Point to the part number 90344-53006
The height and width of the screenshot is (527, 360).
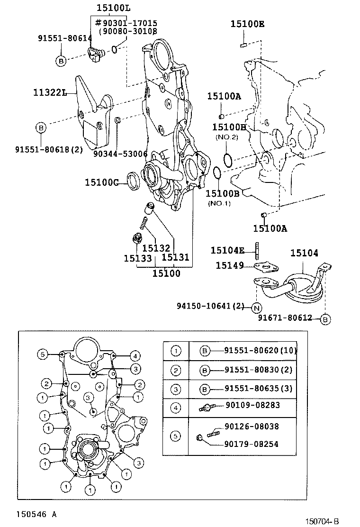tap(120, 154)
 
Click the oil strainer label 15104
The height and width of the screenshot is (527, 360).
tap(304, 254)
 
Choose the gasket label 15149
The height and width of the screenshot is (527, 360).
tap(230, 265)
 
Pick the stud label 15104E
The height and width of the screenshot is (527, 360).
tap(227, 250)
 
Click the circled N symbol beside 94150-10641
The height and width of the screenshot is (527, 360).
tap(256, 308)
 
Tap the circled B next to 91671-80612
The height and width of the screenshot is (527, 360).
tap(325, 319)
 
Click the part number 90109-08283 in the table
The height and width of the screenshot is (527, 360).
tap(252, 405)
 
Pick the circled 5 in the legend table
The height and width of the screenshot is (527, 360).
tap(175, 436)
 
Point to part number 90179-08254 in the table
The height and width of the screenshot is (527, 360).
tap(251, 444)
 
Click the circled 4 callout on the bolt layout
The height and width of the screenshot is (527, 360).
tap(135, 355)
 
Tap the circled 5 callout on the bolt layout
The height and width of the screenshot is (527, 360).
tap(43, 354)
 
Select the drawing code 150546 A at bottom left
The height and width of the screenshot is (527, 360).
tap(36, 514)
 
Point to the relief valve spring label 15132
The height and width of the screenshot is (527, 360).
tap(156, 248)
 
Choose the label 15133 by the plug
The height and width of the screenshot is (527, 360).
tap(138, 258)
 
